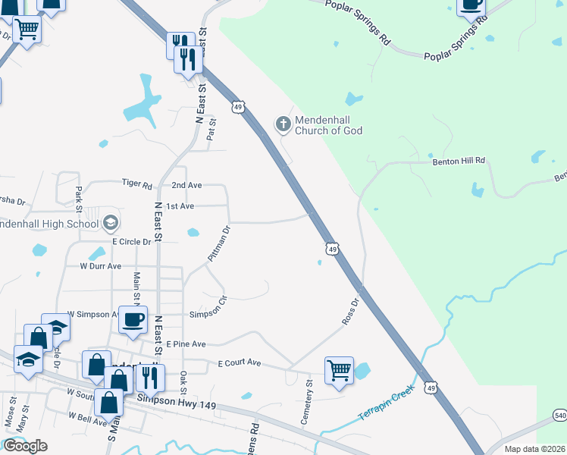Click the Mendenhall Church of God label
pyautogui.click(x=328, y=125)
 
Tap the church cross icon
pyautogui.click(x=283, y=123)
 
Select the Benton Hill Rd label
pyautogui.click(x=459, y=162)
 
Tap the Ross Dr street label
pyautogui.click(x=349, y=310)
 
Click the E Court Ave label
pyautogui.click(x=239, y=363)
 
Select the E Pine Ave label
pyautogui.click(x=186, y=344)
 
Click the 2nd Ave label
pyautogui.click(x=186, y=185)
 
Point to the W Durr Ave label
pyautogui.click(x=101, y=266)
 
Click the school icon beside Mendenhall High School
pyautogui.click(x=111, y=222)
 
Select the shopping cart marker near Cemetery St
pyautogui.click(x=338, y=371)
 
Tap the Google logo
pyautogui.click(x=25, y=446)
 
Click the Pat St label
pyautogui.click(x=211, y=130)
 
